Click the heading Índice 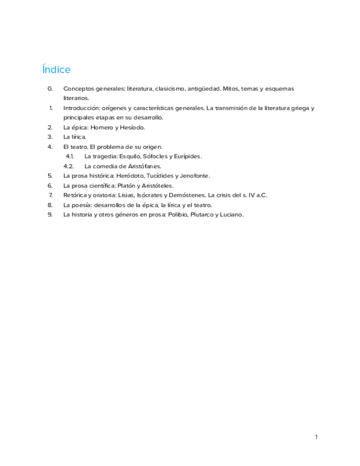coord(56,70)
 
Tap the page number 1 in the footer coord(317,437)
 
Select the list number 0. coord(50,88)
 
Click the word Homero coord(102,127)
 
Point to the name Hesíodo coord(132,127)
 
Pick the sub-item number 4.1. coord(70,156)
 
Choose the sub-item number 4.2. coord(69,166)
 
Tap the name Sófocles coord(156,156)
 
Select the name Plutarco coord(200,214)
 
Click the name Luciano coord(231,214)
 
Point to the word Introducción coord(81,108)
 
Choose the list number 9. coord(50,214)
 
